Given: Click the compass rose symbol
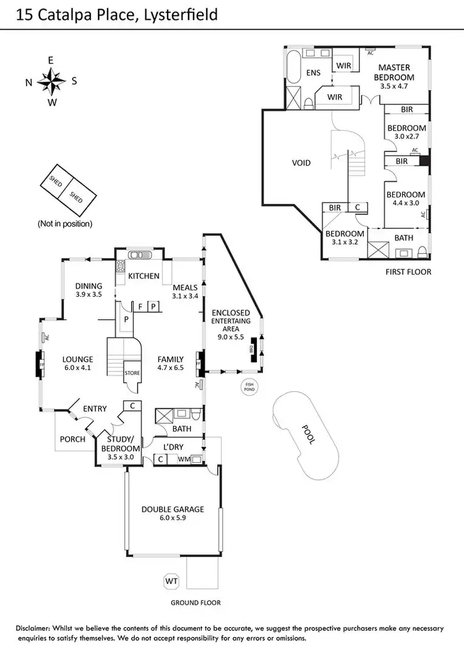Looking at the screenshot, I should pyautogui.click(x=51, y=81).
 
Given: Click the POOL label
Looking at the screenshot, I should pyautogui.click(x=307, y=434).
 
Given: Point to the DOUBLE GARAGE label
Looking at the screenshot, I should pyautogui.click(x=173, y=509).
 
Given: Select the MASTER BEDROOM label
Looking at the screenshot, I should pyautogui.click(x=395, y=72).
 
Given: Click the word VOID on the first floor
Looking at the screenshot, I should pyautogui.click(x=301, y=163).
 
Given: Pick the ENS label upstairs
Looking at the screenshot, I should pyautogui.click(x=313, y=73).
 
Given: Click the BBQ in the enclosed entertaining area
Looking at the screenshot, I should pyautogui.click(x=252, y=348).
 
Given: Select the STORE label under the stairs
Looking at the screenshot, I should pyautogui.click(x=132, y=373).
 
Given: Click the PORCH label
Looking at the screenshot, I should pyautogui.click(x=72, y=439).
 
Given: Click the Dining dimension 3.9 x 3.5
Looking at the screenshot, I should pyautogui.click(x=88, y=295).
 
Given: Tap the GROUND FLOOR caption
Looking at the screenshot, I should pyautogui.click(x=195, y=602).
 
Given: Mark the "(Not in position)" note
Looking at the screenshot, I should pyautogui.click(x=65, y=223).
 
